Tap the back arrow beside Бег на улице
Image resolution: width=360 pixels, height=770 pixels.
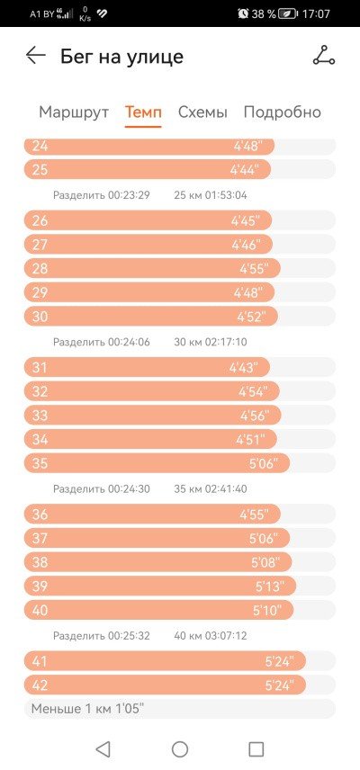(x=36, y=56)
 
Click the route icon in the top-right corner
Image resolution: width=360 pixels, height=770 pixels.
(x=324, y=55)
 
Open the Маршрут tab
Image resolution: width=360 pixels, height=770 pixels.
(x=74, y=112)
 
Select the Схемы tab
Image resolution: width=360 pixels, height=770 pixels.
(x=202, y=112)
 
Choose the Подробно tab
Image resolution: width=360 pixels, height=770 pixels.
(x=283, y=112)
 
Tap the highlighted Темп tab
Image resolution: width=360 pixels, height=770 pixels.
(x=143, y=112)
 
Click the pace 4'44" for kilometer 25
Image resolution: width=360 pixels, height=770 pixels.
(x=250, y=170)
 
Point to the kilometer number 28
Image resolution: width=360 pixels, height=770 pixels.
(x=40, y=269)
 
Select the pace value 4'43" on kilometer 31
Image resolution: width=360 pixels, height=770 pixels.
(x=249, y=367)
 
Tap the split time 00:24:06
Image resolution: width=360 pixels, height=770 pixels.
(x=130, y=342)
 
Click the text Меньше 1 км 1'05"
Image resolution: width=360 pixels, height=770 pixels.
(x=87, y=709)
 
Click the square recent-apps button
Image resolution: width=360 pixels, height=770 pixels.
(x=256, y=749)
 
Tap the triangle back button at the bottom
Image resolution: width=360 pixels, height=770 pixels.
(x=103, y=749)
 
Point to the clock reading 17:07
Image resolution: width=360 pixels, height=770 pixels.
(x=316, y=13)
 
